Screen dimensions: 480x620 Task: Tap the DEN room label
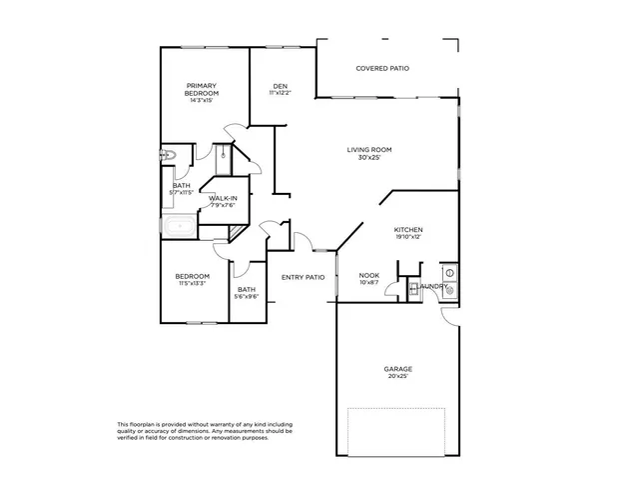pos(281,86)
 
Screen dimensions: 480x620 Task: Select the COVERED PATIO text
pos(382,68)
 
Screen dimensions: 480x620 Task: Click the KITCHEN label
pos(408,229)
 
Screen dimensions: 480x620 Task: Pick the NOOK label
pos(368,275)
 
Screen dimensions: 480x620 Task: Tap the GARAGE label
pos(397,368)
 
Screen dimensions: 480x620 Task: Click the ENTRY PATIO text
pos(303,277)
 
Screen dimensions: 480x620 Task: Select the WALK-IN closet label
pos(223,198)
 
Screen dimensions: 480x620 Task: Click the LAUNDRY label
pos(433,286)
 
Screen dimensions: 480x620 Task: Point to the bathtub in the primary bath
pos(181,226)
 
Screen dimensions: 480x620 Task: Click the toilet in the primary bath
pos(169,154)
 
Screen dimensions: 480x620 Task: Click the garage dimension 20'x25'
pos(397,376)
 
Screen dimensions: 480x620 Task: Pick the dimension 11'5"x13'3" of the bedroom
pos(192,284)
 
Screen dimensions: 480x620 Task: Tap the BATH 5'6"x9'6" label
pos(247,293)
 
